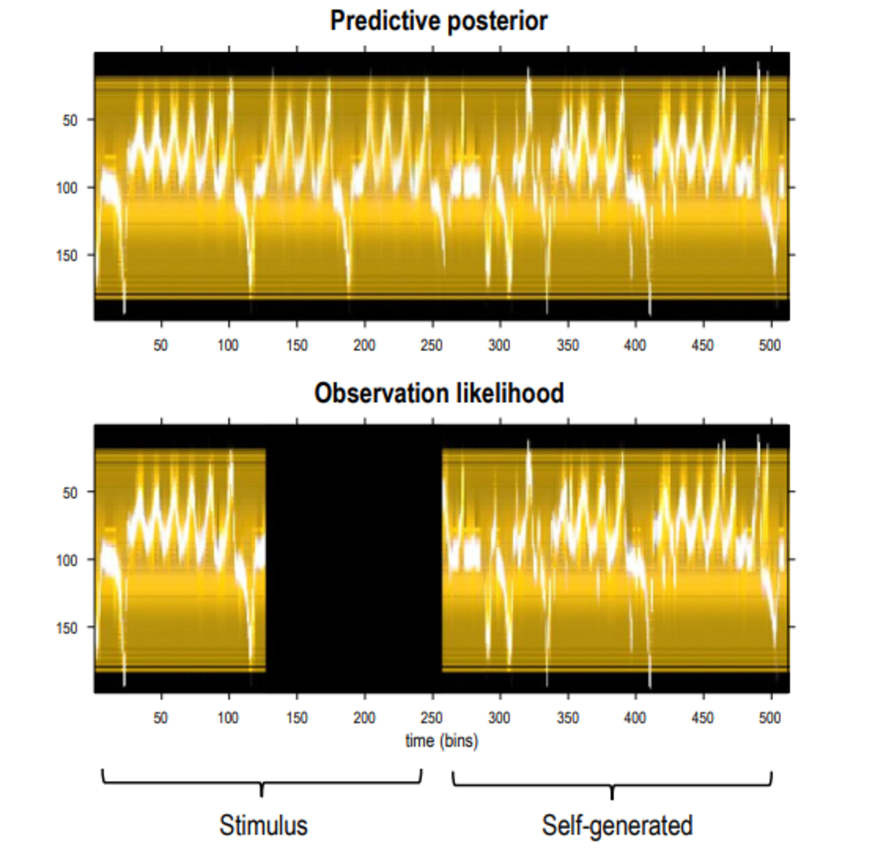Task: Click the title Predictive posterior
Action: pos(438,21)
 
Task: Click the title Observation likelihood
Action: pos(439,393)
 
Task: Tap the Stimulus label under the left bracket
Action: pos(263,825)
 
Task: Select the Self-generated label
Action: pos(617,825)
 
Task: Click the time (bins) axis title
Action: pos(441,741)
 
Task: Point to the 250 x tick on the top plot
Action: pos(432,346)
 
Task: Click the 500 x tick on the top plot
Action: pos(770,346)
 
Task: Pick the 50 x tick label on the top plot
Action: pos(161,346)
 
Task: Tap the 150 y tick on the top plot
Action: pos(67,255)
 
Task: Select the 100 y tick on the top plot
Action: pos(67,188)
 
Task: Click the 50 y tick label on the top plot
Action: pos(70,120)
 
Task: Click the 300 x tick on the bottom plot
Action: pos(500,717)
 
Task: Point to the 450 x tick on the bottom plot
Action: pos(703,717)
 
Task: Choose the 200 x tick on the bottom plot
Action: pos(364,717)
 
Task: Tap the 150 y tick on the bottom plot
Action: pos(67,628)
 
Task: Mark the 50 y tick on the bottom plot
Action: pos(70,492)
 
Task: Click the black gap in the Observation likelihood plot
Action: pos(354,559)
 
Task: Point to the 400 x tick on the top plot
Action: pos(635,346)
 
